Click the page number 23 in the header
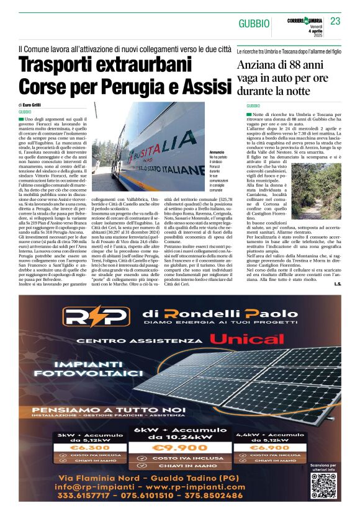[335, 22]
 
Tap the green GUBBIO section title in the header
[254, 24]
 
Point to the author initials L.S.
[337, 285]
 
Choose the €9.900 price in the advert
[179, 446]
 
